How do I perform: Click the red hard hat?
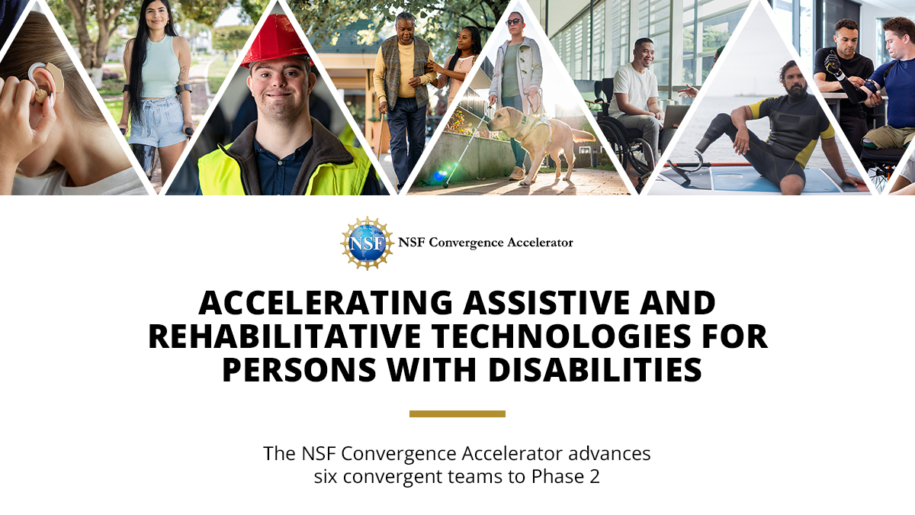tap(275, 41)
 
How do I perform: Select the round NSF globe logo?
tap(367, 243)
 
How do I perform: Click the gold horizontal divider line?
tap(457, 414)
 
